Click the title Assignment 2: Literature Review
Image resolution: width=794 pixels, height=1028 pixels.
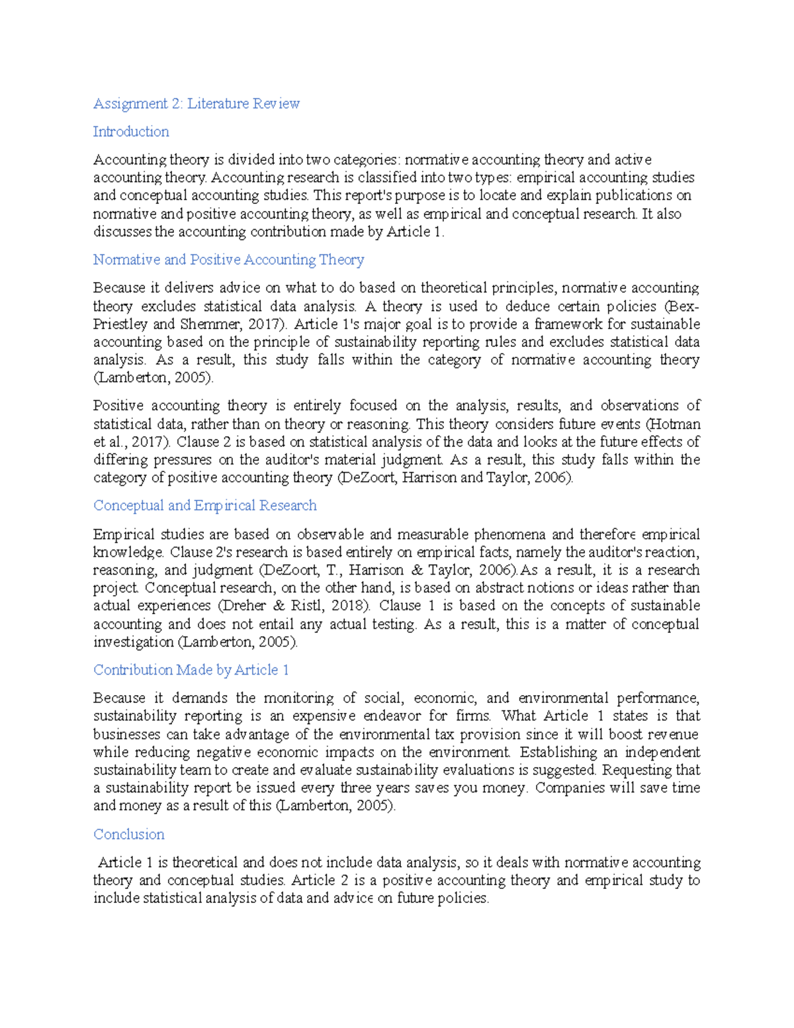pos(196,103)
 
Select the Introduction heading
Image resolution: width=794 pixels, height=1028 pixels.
pos(131,132)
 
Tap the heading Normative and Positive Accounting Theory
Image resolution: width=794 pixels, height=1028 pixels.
pos(228,259)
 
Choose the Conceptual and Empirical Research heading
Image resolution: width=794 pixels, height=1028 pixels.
pos(204,505)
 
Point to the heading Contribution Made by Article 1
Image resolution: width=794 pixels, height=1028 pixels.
pos(191,670)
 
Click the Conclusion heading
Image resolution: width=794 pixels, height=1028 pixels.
pos(128,834)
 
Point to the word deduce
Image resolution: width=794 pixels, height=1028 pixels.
pos(527,306)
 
